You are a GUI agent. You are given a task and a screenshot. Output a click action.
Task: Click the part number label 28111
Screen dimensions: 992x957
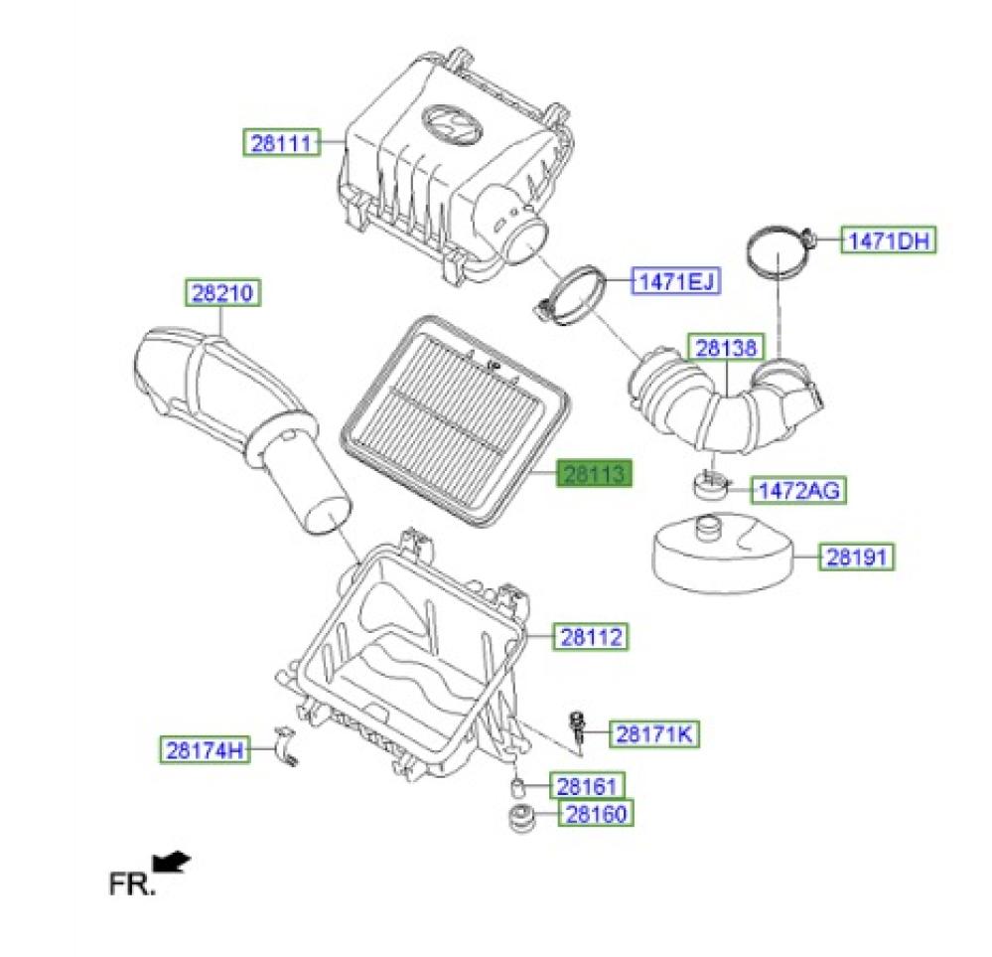pyautogui.click(x=282, y=142)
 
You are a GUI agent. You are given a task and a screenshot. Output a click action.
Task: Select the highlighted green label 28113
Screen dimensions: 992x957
pyautogui.click(x=594, y=473)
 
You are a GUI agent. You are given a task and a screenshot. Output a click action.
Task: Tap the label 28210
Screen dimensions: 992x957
pyautogui.click(x=222, y=292)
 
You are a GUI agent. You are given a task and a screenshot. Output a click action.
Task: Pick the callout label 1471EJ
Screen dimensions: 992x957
pyautogui.click(x=676, y=281)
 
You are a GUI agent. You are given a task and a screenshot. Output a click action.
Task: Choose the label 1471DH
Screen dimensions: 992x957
pyautogui.click(x=889, y=240)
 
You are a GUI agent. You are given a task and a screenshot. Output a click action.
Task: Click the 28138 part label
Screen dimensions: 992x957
pyautogui.click(x=726, y=348)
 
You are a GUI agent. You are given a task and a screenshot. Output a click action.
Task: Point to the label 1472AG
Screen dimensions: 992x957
pyautogui.click(x=798, y=490)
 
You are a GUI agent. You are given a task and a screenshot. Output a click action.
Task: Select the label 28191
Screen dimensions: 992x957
pyautogui.click(x=857, y=557)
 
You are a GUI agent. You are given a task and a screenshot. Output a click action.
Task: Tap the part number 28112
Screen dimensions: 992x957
pyautogui.click(x=592, y=637)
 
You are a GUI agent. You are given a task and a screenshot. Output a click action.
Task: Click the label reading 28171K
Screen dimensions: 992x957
pyautogui.click(x=654, y=734)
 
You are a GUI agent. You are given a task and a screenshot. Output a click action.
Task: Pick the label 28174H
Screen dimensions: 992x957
pyautogui.click(x=205, y=750)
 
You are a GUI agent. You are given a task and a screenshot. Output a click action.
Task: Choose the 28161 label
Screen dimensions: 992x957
pyautogui.click(x=587, y=786)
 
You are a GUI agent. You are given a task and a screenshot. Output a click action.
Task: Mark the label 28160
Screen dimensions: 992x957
pyautogui.click(x=596, y=813)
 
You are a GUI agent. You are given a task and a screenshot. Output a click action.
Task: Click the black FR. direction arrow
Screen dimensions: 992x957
pyautogui.click(x=171, y=862)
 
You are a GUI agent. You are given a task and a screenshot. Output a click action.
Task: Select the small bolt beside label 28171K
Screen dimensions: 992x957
pyautogui.click(x=576, y=729)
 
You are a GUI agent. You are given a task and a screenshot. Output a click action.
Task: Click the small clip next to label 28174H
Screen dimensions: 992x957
pyautogui.click(x=285, y=746)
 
